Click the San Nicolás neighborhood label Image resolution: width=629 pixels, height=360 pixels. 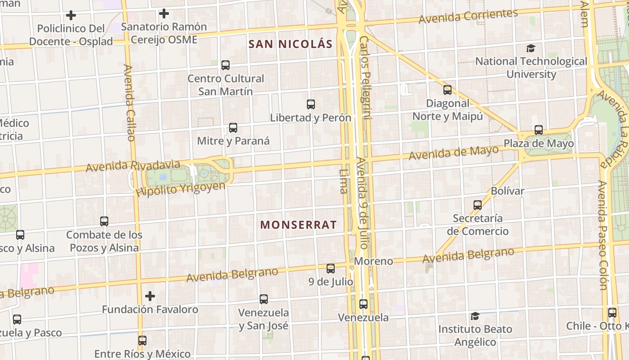coord(290,44)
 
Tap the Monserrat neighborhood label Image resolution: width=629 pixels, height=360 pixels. coord(298,225)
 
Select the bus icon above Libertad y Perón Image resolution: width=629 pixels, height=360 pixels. coord(310,104)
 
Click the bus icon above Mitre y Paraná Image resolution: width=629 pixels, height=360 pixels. coord(233,128)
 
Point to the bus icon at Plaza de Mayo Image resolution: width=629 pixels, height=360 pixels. coord(538,130)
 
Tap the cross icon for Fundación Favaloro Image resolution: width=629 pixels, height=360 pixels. coord(150,296)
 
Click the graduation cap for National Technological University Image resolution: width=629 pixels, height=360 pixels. coord(531,48)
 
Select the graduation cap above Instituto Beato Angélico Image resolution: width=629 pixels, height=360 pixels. coord(474,316)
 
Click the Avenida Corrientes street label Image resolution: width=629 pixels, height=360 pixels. coord(468,16)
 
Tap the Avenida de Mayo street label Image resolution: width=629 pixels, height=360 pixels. coord(454,153)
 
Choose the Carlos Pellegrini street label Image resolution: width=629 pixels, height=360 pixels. coord(365,77)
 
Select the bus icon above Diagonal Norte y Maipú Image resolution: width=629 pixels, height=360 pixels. coord(447,90)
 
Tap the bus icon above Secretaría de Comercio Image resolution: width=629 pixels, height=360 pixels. coord(477,205)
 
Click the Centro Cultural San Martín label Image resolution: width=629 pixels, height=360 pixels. coord(226,85)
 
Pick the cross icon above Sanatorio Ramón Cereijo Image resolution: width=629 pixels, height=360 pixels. coord(164,14)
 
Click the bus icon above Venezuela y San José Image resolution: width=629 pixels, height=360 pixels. coord(263,299)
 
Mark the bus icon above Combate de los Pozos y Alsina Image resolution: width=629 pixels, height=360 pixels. coord(104,221)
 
